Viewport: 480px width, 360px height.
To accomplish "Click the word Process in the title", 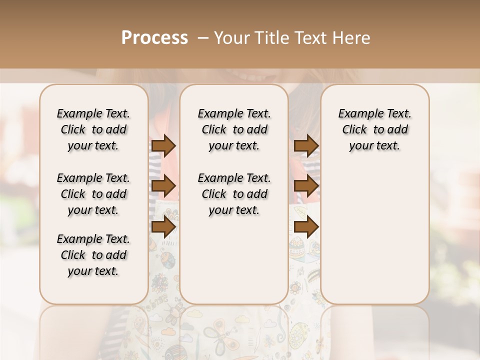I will click(154, 38).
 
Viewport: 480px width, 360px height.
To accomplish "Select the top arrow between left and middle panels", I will click(163, 146).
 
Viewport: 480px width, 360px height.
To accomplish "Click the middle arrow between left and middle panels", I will click(163, 186).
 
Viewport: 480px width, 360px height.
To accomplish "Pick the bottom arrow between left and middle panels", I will click(163, 227).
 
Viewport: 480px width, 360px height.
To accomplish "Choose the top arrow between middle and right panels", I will click(306, 146).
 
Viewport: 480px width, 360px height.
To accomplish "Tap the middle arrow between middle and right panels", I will click(306, 186).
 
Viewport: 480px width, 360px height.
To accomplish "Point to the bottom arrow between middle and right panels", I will click(306, 227).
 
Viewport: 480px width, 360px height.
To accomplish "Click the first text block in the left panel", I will click(93, 129).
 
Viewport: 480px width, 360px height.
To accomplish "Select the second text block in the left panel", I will click(93, 194).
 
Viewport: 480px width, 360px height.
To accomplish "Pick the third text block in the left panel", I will click(93, 255).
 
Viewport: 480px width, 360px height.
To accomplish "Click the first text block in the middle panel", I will click(234, 129).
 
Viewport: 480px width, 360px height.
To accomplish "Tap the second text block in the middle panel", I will click(234, 194).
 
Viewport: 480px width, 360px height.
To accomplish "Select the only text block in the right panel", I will click(375, 129).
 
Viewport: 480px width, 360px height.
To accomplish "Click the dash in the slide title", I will click(202, 38).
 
